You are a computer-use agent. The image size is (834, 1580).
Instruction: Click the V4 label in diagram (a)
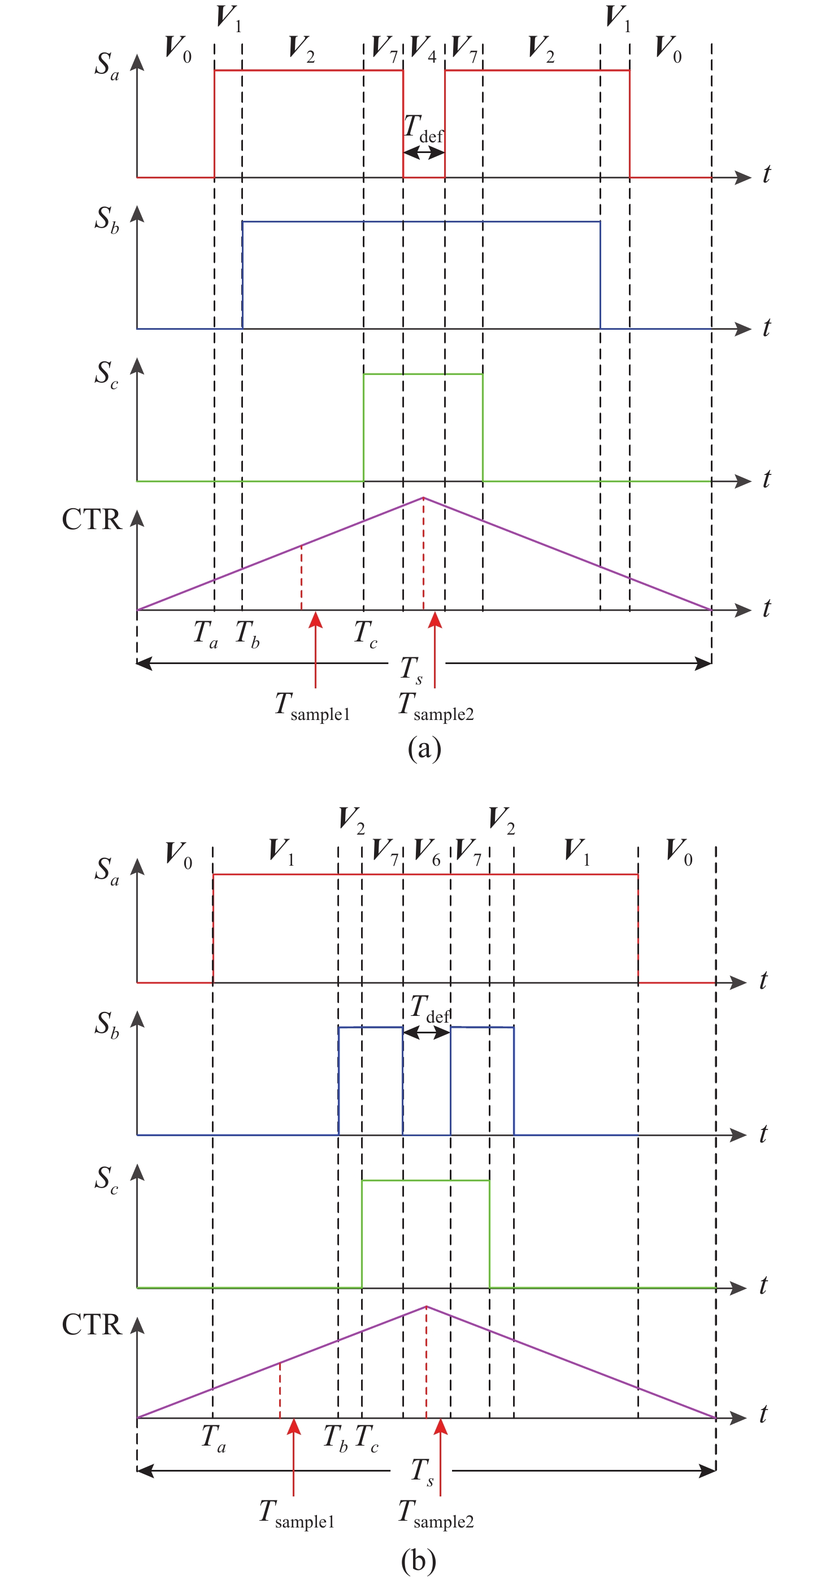point(423,49)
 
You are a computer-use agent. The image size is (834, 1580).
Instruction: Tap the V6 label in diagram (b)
point(427,852)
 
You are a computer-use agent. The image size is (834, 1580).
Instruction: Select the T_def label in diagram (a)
point(423,129)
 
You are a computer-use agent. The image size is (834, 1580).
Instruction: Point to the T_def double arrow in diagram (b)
point(427,1032)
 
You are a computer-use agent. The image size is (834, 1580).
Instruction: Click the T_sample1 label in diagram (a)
point(312,706)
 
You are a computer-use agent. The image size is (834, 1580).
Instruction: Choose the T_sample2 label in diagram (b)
point(436,1514)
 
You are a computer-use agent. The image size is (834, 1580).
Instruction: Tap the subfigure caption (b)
point(419,1561)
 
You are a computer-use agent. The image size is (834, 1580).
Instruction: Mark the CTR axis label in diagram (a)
point(92,520)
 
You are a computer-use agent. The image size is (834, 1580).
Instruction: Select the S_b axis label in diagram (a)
point(106,219)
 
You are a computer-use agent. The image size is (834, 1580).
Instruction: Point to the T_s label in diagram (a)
point(412,669)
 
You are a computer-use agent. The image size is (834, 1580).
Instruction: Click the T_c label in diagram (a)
point(366,634)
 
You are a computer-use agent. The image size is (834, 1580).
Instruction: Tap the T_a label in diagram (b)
point(214,1438)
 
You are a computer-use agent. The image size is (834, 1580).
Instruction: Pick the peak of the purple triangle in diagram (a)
point(423,497)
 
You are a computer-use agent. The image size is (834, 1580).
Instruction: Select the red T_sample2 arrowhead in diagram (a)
point(435,620)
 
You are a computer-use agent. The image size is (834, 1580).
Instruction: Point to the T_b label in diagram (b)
point(336,1438)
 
